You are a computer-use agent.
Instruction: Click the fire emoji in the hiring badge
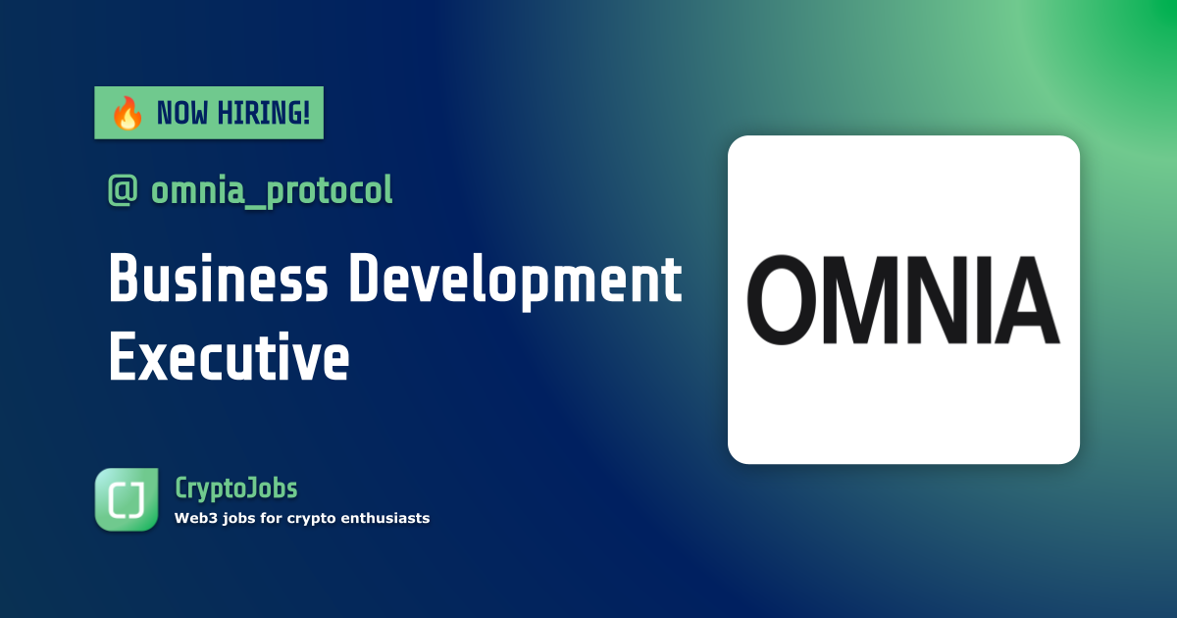(x=127, y=114)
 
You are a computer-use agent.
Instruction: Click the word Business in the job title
(x=218, y=280)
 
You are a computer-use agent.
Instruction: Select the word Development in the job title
(x=516, y=280)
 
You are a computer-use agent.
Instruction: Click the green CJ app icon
(x=127, y=500)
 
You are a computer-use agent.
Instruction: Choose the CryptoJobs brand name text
(x=235, y=488)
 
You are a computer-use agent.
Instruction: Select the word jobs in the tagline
(x=244, y=518)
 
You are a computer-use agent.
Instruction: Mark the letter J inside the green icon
(x=139, y=500)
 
